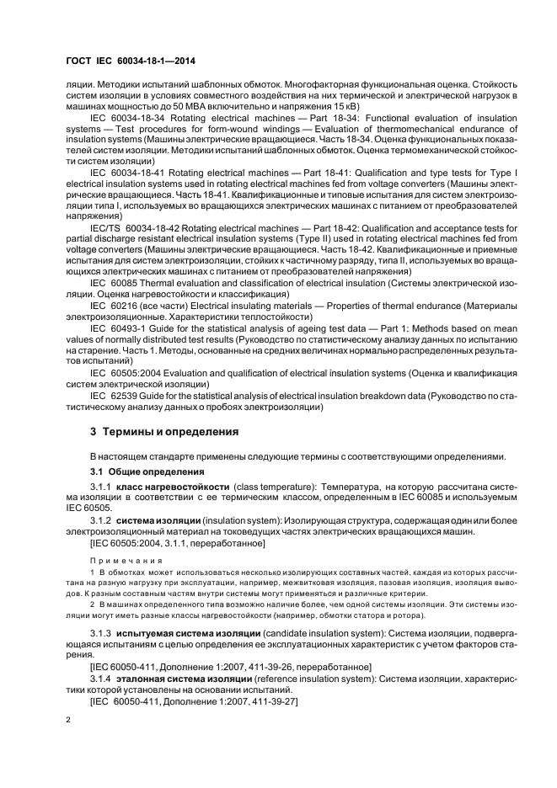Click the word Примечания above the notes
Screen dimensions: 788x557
pos(119,559)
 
